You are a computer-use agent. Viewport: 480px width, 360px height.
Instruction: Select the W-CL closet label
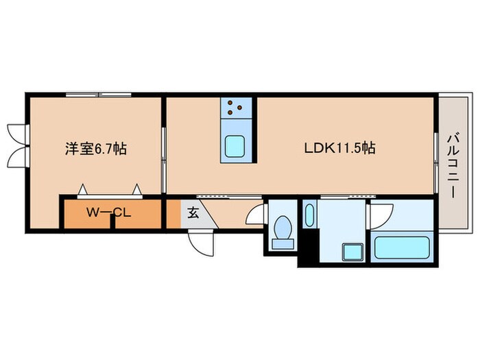(x=108, y=213)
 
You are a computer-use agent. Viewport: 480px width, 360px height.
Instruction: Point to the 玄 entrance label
(x=193, y=213)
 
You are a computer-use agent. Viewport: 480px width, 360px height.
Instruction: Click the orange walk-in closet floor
(x=82, y=214)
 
